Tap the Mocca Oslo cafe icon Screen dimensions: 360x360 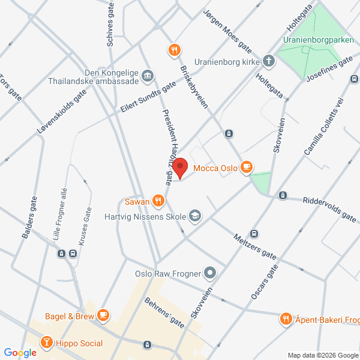245,167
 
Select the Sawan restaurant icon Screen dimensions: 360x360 157,200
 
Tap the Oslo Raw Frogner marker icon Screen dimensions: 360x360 209,274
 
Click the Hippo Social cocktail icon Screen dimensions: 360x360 46,343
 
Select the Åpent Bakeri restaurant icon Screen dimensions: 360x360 286,319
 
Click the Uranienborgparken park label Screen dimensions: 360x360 317,40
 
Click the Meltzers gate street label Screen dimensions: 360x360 255,245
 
